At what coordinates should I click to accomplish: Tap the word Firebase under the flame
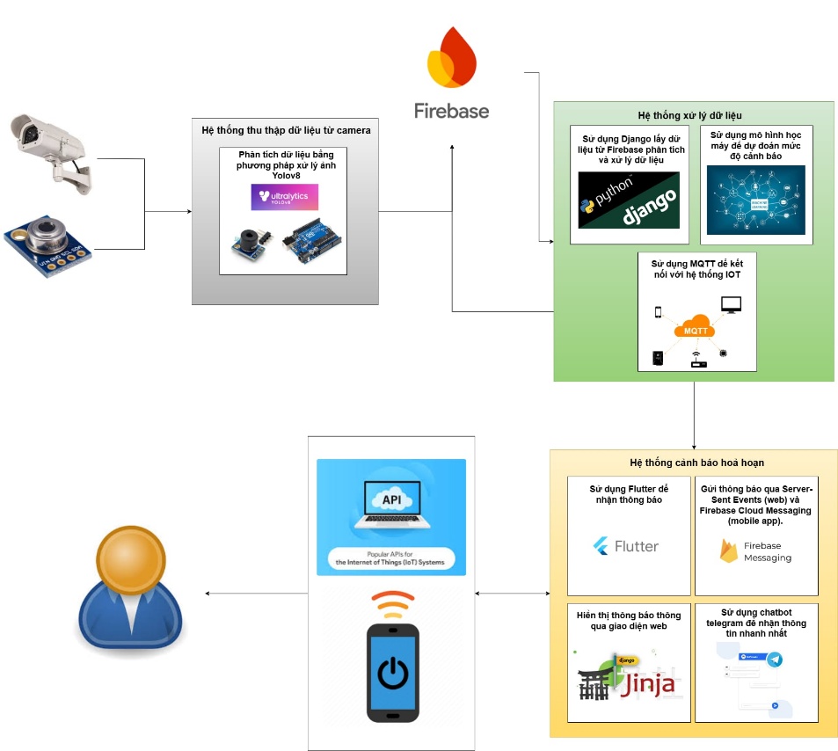[x=452, y=110]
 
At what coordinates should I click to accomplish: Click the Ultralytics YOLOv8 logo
[x=284, y=197]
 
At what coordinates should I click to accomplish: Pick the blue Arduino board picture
[x=312, y=244]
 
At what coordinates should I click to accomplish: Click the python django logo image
[x=629, y=201]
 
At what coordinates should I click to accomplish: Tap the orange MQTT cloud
[x=695, y=329]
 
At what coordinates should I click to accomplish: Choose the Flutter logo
[x=626, y=546]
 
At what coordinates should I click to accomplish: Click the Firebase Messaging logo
[x=754, y=551]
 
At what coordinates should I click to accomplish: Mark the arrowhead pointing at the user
[x=208, y=594]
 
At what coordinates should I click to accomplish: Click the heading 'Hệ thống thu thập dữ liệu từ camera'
[x=286, y=130]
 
